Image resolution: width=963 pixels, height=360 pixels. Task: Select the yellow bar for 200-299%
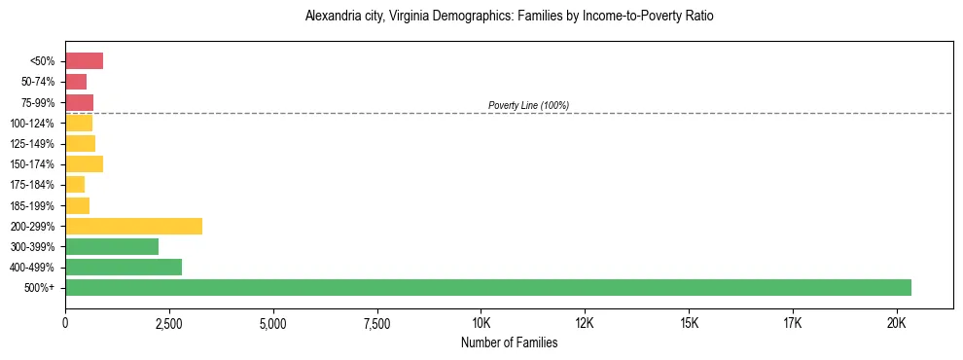click(x=133, y=226)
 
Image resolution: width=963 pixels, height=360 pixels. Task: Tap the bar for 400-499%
click(x=124, y=267)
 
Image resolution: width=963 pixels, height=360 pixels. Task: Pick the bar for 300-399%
click(x=112, y=246)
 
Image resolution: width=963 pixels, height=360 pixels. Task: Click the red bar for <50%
click(x=84, y=61)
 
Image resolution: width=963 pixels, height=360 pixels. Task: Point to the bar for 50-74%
click(x=76, y=82)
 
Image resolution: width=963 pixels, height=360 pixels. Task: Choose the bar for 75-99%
click(x=79, y=102)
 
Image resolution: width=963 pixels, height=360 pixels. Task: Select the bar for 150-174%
click(x=84, y=163)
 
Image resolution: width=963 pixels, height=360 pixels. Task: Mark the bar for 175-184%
click(x=75, y=184)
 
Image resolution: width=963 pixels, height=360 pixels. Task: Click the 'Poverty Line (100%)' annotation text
click(x=528, y=105)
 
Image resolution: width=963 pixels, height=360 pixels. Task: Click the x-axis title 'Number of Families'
click(x=510, y=342)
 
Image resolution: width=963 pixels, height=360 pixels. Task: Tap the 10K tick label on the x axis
click(x=481, y=323)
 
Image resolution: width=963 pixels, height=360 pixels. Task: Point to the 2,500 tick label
click(x=169, y=323)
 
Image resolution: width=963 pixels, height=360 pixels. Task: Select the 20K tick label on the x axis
click(x=896, y=323)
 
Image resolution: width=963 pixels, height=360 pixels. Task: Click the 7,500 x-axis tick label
click(x=376, y=323)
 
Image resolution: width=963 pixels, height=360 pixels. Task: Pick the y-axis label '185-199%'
click(x=32, y=205)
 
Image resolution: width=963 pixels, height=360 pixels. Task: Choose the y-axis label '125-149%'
click(x=32, y=144)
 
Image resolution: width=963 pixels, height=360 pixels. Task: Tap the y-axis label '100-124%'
click(x=32, y=124)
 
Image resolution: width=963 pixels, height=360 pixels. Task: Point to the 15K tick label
click(x=689, y=323)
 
